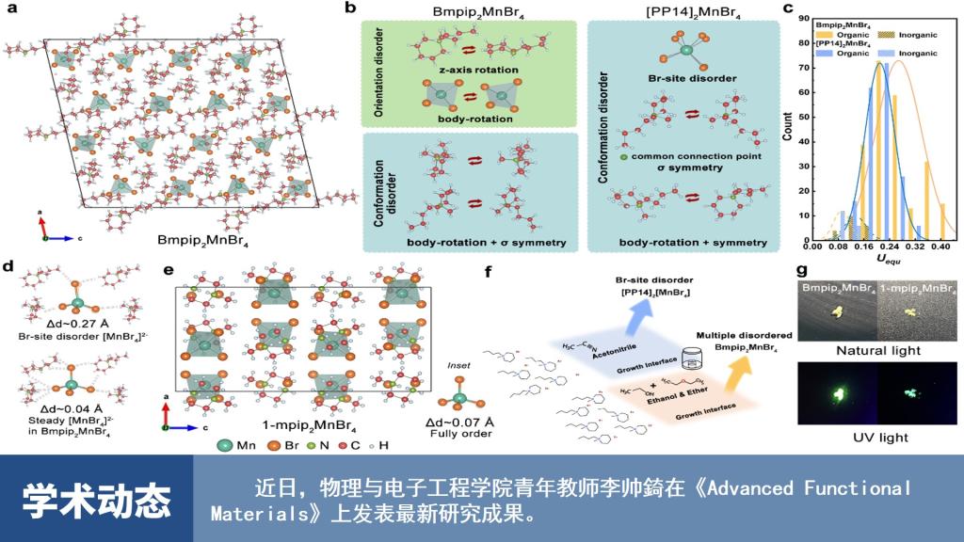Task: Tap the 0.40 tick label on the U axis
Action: (x=938, y=244)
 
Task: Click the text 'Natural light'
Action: (x=876, y=351)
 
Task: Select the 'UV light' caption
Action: (x=876, y=438)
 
